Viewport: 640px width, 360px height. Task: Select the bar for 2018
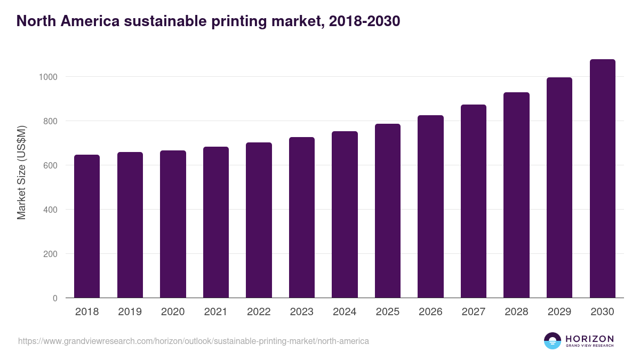point(87,226)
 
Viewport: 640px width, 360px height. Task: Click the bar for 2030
point(602,179)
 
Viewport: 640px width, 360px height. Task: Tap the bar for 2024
point(345,214)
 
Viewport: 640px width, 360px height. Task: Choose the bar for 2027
point(474,201)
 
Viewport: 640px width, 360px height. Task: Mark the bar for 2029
point(559,188)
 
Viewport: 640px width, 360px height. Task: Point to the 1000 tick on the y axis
point(48,77)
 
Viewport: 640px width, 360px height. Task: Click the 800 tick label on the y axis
point(50,121)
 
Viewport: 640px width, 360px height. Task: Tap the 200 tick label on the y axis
point(50,254)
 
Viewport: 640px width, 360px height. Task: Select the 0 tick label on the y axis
point(55,298)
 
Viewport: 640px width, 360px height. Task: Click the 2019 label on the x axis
point(130,312)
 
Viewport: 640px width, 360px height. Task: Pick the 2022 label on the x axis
point(259,312)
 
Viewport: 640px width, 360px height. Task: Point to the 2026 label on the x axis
point(430,312)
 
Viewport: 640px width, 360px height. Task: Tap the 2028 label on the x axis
point(516,312)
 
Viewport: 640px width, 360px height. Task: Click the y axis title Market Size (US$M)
point(21,172)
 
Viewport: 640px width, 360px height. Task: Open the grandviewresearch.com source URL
point(193,341)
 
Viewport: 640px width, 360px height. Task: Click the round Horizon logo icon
point(553,341)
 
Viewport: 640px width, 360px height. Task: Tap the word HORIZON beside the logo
point(589,339)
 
